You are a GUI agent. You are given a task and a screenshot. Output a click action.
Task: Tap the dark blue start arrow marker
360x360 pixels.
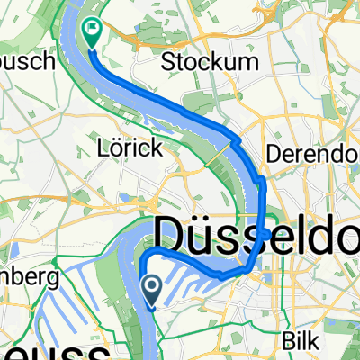point(152,289)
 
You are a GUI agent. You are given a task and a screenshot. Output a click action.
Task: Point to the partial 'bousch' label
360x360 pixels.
point(27,61)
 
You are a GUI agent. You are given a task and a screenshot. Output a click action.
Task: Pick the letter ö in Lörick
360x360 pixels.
point(121,145)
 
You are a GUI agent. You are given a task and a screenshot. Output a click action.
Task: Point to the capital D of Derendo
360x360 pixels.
point(275,152)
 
